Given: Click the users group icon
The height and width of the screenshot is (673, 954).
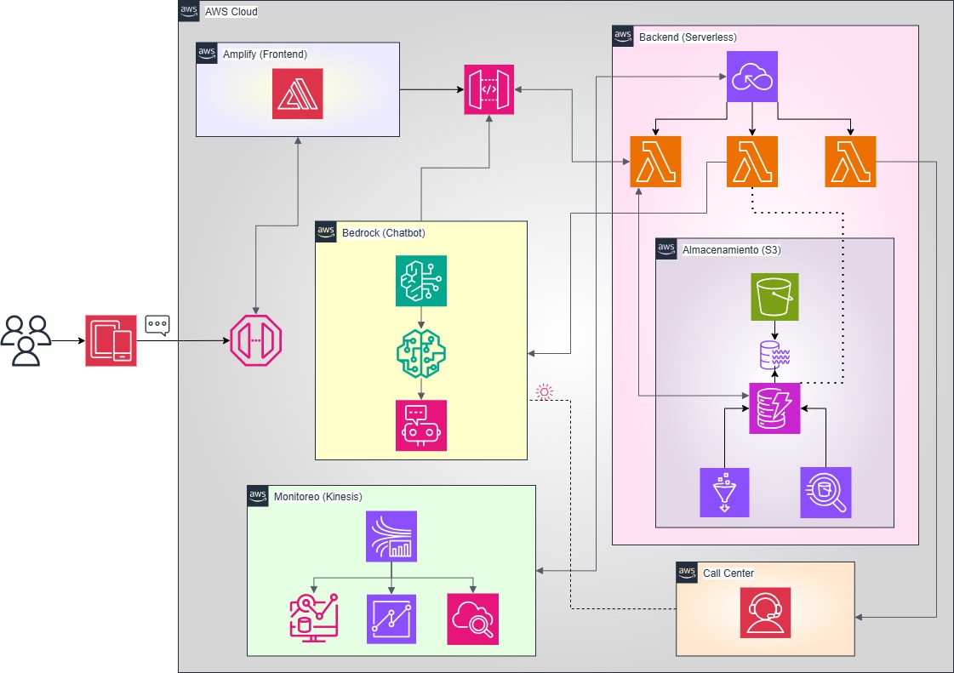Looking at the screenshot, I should click(x=26, y=340).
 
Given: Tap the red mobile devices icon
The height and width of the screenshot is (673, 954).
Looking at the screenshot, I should click(x=111, y=340).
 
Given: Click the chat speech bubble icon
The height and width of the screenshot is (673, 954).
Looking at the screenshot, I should click(x=157, y=325).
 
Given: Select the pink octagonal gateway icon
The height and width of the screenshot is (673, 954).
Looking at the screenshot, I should click(x=256, y=341).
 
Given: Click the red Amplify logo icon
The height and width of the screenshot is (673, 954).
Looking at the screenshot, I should click(x=298, y=94).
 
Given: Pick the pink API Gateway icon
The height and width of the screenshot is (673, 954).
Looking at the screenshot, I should click(x=489, y=89).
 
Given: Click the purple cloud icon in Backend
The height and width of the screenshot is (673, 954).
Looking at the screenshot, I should click(x=752, y=77).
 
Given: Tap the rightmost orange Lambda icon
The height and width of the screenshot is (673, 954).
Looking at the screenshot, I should click(x=850, y=162).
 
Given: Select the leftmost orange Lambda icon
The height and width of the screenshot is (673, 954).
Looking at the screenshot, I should click(x=655, y=162).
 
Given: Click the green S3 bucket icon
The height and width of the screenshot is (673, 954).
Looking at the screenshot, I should click(x=774, y=297).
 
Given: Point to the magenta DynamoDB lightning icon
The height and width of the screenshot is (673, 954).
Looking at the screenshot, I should click(x=774, y=408).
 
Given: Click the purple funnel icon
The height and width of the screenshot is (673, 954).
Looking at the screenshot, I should click(x=724, y=492).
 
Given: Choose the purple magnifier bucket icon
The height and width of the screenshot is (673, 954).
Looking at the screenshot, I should click(x=825, y=492).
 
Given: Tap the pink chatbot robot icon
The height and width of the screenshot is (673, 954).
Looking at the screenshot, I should click(x=421, y=425).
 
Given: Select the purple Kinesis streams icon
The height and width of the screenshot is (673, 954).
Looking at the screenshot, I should click(x=391, y=536).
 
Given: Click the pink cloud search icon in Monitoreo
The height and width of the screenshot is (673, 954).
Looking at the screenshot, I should click(x=472, y=619).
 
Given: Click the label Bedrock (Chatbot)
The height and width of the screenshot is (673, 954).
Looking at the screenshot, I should click(x=383, y=232).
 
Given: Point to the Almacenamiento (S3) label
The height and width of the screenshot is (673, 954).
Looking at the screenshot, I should click(x=731, y=250).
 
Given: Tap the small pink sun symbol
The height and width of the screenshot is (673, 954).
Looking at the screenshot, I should click(x=544, y=392).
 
